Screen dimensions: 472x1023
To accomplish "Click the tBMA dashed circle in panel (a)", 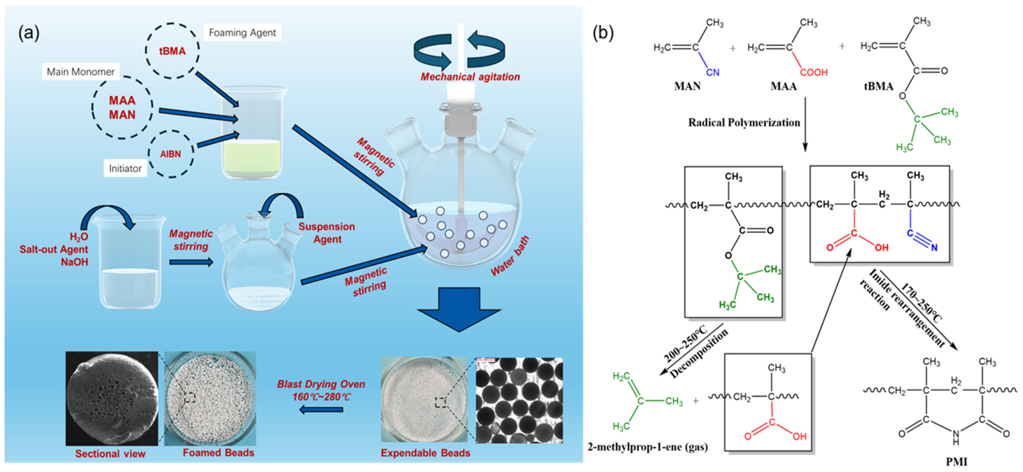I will pos(172,51).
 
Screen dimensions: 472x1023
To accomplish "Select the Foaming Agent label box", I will pos(242,33).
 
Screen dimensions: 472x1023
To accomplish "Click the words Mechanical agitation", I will pos(470,77).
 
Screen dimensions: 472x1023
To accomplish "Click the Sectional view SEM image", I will pos(112,398).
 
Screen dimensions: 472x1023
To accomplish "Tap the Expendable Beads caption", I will pos(425,453).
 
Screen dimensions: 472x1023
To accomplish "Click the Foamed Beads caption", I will pos(218,452).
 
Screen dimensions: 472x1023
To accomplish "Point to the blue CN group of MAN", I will pos(713,72).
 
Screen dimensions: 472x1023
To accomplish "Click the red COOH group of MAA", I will pos(814,72).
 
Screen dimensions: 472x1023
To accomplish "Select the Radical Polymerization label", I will pos(744,123).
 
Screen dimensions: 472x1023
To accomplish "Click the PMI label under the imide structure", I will pos(956,462).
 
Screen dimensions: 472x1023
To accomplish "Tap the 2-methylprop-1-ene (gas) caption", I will pos(648,447).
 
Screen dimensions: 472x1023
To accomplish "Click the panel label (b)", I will pos(603,33).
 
